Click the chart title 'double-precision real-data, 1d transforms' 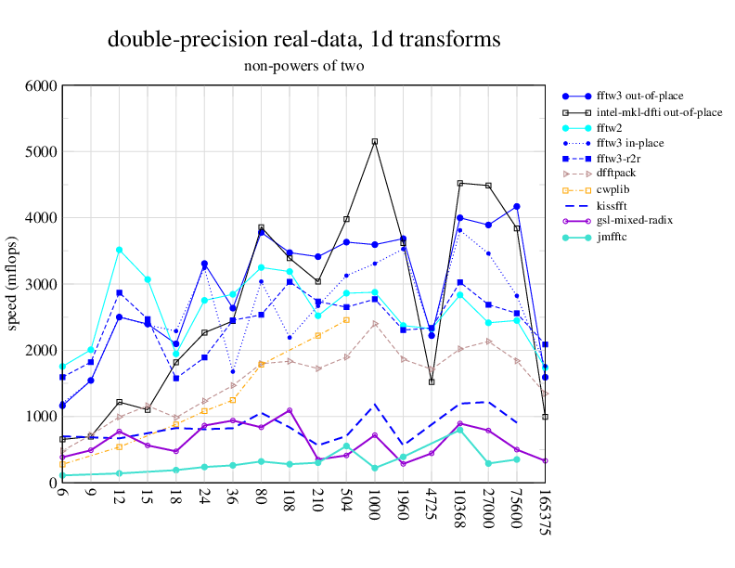(x=304, y=40)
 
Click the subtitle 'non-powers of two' (x=304, y=66)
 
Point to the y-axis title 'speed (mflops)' (x=13, y=284)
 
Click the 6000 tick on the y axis (x=41, y=85)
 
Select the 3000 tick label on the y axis (x=41, y=284)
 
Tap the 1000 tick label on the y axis (x=41, y=417)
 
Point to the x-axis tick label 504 (x=346, y=504)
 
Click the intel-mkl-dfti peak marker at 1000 (x=375, y=141)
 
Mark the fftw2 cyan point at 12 (x=119, y=250)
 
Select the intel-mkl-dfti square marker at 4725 (x=432, y=381)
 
